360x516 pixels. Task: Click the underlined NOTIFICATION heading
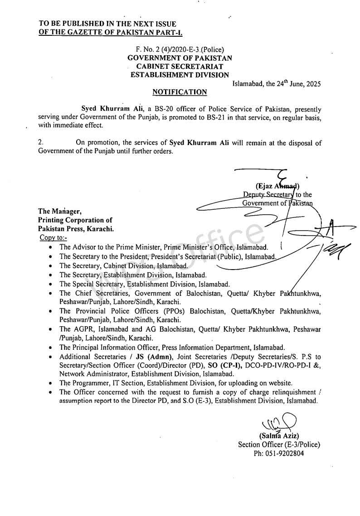180,92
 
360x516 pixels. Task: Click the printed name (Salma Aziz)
279,436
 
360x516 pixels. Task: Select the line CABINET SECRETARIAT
180,67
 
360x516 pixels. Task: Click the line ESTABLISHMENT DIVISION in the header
180,75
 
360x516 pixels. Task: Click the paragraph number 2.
40,143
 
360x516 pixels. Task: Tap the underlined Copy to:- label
53,238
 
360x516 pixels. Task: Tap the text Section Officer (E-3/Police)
279,444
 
